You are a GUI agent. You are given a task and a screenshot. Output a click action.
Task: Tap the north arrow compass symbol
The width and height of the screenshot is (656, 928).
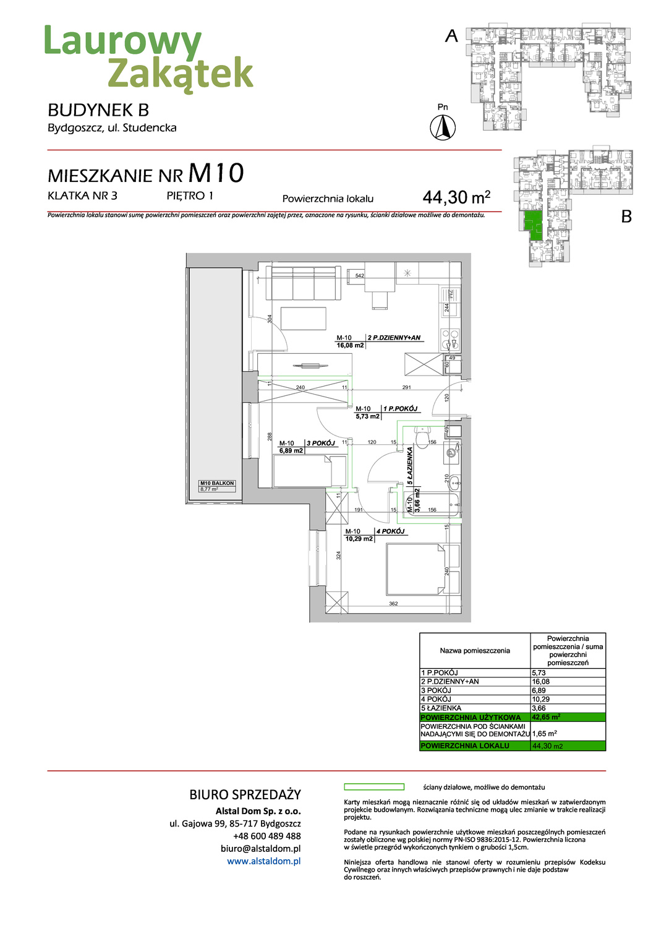443,127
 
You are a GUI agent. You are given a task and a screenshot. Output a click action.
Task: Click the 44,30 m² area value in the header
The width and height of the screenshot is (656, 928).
456,197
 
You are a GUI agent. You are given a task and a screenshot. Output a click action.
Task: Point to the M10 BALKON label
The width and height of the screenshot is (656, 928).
217,483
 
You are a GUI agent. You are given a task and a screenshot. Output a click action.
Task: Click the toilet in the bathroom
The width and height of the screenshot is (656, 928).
424,437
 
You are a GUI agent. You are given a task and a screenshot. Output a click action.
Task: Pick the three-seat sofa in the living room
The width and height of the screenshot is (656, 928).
303,283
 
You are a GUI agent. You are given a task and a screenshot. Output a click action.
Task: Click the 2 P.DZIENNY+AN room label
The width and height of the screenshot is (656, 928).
394,338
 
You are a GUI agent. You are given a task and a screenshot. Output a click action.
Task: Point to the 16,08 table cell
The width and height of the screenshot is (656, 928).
540,681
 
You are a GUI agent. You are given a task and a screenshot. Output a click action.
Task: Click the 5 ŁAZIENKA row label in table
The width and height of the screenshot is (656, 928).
441,708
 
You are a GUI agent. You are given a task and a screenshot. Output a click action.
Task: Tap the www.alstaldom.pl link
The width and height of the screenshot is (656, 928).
263,861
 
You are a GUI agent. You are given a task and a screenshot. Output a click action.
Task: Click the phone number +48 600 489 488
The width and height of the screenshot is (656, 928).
266,836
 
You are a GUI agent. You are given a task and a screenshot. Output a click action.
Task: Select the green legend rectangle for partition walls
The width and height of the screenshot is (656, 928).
373,787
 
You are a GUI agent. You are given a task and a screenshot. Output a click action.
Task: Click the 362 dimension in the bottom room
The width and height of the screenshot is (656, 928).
393,603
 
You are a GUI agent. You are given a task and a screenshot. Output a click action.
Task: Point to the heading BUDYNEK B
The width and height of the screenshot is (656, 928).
98,110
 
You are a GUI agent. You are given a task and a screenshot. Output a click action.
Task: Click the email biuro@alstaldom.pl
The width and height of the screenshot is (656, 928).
260,848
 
